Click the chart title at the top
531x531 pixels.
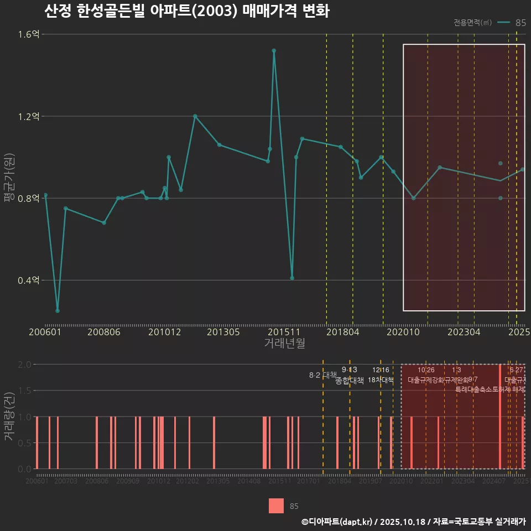187,11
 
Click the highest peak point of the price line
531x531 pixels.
274,51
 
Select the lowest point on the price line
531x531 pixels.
58,311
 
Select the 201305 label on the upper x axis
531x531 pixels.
223,332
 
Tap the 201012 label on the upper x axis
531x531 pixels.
164,332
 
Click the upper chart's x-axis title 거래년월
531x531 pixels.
284,343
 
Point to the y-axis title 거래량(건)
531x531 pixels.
9,417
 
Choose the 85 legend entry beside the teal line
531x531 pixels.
520,23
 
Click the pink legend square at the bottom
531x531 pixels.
277,506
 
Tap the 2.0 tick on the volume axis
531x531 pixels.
25,365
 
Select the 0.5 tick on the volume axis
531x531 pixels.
25,443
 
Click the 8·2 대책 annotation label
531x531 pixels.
322,375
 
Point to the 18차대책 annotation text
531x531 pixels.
381,380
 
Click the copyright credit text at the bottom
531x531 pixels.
413,522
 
